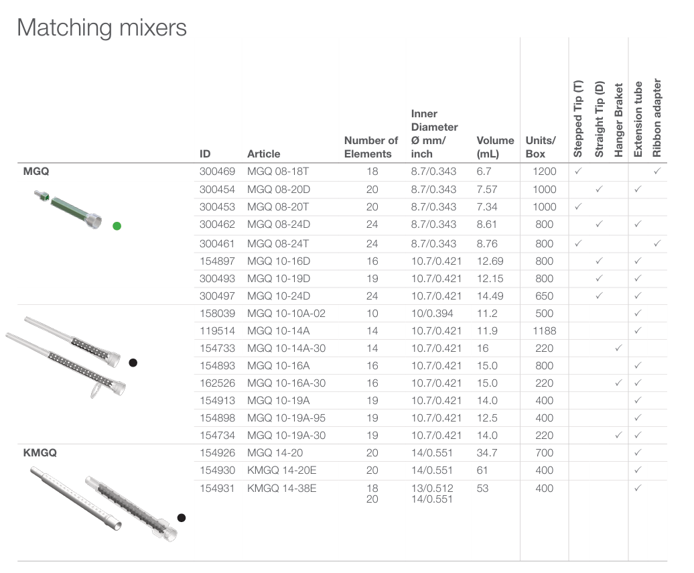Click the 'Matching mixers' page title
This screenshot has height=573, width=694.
pyautogui.click(x=102, y=28)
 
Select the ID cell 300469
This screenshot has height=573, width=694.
pyautogui.click(x=217, y=172)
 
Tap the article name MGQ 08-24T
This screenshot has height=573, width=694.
pyautogui.click(x=278, y=243)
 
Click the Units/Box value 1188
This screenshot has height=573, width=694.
pyautogui.click(x=545, y=331)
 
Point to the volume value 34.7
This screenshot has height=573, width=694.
pyautogui.click(x=487, y=452)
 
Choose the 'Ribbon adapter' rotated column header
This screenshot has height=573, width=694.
pyautogui.click(x=656, y=118)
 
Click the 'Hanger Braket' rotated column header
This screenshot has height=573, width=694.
pyautogui.click(x=618, y=120)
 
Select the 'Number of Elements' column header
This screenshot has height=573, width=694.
pyautogui.click(x=371, y=147)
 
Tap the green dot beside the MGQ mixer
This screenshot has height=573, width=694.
pyautogui.click(x=117, y=227)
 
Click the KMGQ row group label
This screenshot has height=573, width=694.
pyautogui.click(x=40, y=452)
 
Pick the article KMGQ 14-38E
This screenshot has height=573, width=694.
pyautogui.click(x=281, y=488)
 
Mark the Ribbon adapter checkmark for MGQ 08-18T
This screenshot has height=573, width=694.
pyautogui.click(x=657, y=171)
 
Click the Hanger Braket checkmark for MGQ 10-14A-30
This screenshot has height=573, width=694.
pyautogui.click(x=618, y=348)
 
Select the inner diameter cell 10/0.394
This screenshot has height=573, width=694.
pyautogui.click(x=432, y=314)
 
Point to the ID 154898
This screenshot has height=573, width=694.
pyautogui.click(x=217, y=418)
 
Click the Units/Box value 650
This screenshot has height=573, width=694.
pyautogui.click(x=545, y=296)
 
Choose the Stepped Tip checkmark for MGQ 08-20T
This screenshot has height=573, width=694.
pyautogui.click(x=578, y=206)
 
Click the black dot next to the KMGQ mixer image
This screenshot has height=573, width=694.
pyautogui.click(x=182, y=517)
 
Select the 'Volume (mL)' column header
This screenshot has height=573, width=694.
pyautogui.click(x=495, y=147)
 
